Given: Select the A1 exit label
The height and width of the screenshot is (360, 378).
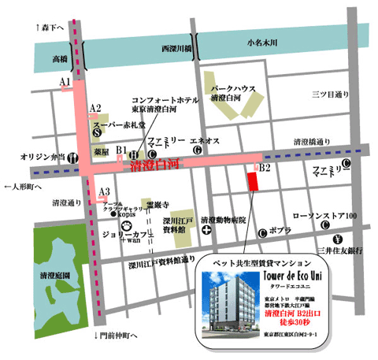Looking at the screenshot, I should click(65, 82).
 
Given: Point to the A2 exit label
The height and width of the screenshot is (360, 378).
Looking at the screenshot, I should click(95, 107).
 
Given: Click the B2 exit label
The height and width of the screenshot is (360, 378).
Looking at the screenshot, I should click(265, 168).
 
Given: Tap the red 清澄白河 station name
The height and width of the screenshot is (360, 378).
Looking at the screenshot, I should click(152, 166).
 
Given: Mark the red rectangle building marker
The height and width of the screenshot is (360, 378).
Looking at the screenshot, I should click(252, 182).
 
